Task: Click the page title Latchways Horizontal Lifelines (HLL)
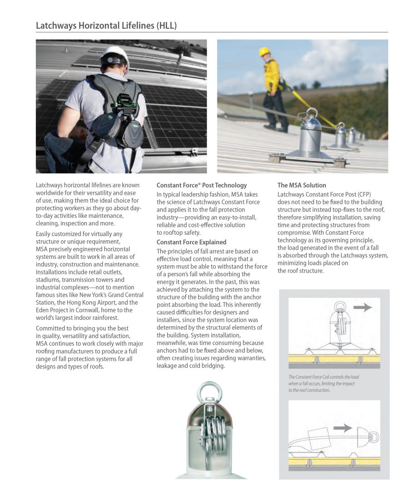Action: tap(106, 25)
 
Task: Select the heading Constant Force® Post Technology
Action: tap(202, 185)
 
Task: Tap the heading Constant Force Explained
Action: tap(191, 242)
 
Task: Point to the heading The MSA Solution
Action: tap(302, 185)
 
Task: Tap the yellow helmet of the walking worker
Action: tap(264, 52)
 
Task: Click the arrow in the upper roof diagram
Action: tap(362, 307)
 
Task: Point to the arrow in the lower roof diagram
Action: tap(343, 428)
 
